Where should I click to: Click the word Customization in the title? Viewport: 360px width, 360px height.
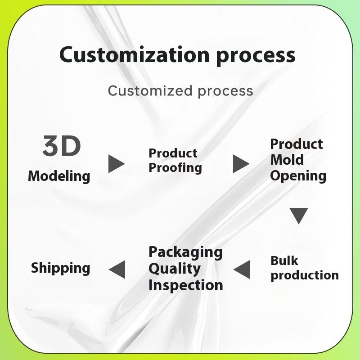click(135, 55)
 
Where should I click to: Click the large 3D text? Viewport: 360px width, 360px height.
click(62, 146)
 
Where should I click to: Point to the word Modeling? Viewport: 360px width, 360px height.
click(59, 176)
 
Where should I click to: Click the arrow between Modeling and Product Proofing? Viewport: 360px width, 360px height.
click(116, 164)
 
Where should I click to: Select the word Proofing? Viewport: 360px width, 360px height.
click(175, 168)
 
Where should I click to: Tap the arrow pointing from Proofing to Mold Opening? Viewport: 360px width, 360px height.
click(241, 164)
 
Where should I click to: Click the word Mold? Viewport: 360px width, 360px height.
click(287, 160)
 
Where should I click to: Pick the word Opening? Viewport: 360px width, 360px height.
click(298, 175)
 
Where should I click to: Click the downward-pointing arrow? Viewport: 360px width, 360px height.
click(299, 216)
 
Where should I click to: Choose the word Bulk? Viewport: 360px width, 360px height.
click(284, 261)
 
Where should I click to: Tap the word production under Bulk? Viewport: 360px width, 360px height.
click(304, 275)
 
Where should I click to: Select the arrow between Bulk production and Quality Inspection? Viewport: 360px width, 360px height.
click(242, 269)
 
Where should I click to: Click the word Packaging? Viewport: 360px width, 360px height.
click(185, 252)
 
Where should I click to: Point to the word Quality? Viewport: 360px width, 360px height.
click(175, 269)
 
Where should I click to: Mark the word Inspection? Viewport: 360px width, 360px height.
click(185, 285)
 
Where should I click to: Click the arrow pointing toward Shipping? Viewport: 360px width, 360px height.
click(117, 269)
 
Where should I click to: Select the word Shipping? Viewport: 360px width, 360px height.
click(60, 268)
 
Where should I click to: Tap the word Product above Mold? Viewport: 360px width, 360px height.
click(296, 144)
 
